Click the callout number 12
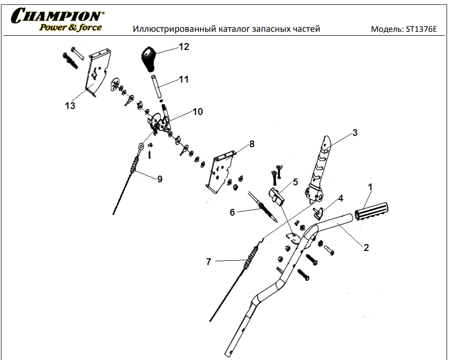(x=183, y=47)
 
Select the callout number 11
(x=183, y=79)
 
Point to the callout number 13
(x=70, y=105)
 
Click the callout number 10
(x=197, y=112)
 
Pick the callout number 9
(x=160, y=179)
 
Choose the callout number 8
(x=252, y=144)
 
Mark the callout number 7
(x=208, y=262)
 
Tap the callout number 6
(x=232, y=212)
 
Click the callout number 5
(x=295, y=182)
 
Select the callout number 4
(x=341, y=198)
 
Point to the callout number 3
(x=355, y=132)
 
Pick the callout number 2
(x=366, y=247)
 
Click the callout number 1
(x=370, y=186)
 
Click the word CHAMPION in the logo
(x=58, y=15)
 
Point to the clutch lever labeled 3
(x=321, y=166)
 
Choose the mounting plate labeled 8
(x=221, y=171)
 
